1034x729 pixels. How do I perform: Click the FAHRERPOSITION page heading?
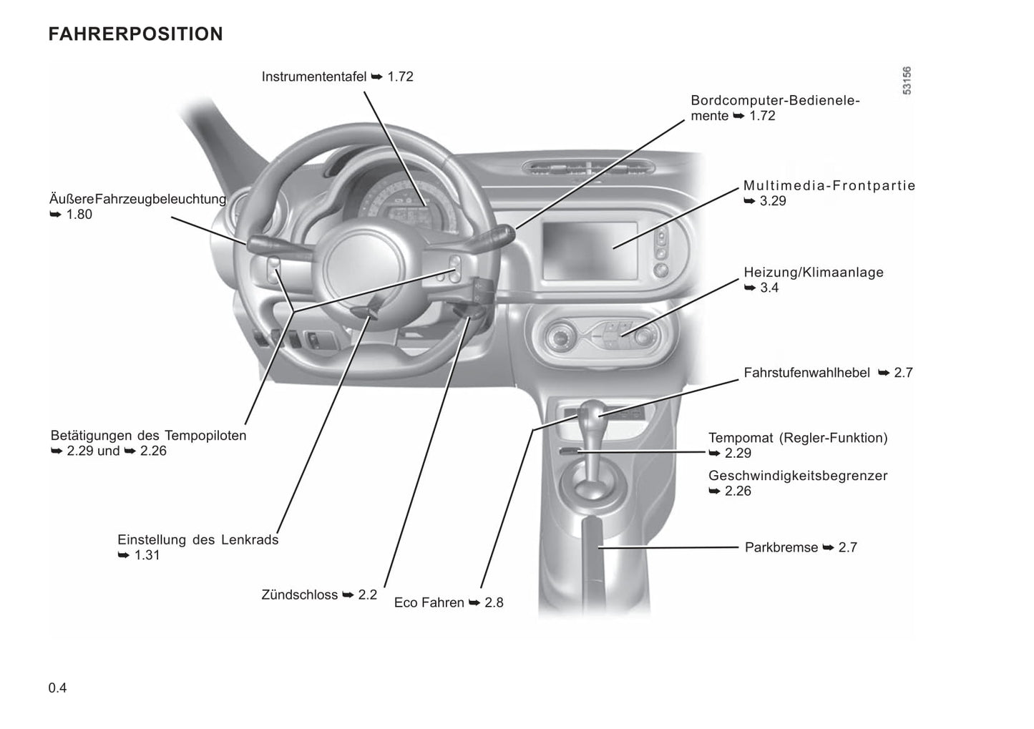(135, 34)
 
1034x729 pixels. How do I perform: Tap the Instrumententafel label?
(314, 77)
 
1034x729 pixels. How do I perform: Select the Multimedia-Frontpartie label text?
(829, 185)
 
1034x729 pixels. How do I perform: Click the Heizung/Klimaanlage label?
(814, 273)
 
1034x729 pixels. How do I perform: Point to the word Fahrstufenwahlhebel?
(806, 373)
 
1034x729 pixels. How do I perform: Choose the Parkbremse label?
(781, 548)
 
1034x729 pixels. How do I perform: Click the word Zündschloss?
(300, 595)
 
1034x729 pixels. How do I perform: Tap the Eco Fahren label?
(429, 602)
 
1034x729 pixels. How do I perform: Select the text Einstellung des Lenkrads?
(198, 540)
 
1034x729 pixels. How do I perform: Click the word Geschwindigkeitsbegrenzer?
(798, 476)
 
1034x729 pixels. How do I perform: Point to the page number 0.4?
(57, 688)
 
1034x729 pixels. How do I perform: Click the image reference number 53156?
(907, 81)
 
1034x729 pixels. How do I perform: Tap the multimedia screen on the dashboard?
(590, 251)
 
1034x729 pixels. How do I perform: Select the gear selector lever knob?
(592, 412)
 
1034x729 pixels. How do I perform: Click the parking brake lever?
(592, 554)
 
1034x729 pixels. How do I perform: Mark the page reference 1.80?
(79, 215)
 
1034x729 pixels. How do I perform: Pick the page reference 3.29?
(773, 201)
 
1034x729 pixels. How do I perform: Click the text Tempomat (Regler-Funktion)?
(798, 438)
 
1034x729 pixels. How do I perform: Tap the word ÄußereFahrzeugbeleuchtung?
(137, 200)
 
